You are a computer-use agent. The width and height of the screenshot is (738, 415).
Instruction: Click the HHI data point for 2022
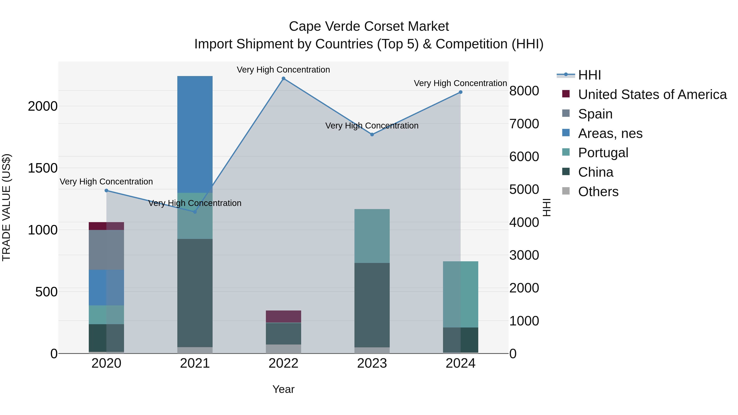[283, 78]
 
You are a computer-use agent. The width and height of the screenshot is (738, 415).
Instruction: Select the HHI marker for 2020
[106, 190]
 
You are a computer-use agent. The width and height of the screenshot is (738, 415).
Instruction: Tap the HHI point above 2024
[460, 92]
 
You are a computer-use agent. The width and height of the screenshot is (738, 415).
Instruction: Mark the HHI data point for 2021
[195, 212]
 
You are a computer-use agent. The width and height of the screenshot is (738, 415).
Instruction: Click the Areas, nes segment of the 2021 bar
[195, 135]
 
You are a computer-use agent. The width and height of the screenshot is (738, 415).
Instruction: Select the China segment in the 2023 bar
[372, 305]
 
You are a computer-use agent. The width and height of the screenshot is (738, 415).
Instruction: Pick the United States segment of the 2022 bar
[283, 316]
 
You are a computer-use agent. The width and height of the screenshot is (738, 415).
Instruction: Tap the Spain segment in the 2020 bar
[106, 250]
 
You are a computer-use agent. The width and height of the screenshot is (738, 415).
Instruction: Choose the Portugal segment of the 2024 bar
[460, 294]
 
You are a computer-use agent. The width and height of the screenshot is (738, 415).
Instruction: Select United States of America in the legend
[652, 94]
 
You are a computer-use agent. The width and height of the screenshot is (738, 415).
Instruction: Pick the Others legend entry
[598, 192]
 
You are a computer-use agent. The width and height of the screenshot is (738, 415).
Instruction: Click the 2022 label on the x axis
[283, 363]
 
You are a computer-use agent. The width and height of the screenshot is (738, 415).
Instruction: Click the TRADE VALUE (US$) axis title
[6, 207]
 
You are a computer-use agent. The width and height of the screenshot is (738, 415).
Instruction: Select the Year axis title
[283, 389]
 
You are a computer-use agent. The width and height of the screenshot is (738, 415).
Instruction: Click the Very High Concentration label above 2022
[283, 70]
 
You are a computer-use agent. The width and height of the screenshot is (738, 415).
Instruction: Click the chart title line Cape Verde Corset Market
[369, 26]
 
